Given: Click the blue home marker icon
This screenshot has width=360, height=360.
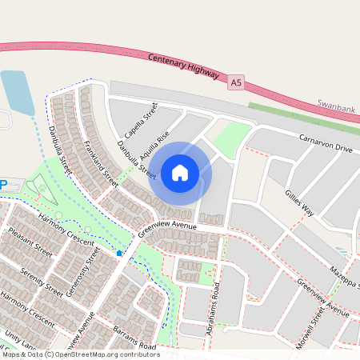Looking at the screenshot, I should (180, 172).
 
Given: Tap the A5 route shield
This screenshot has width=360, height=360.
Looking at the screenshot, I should (235, 82).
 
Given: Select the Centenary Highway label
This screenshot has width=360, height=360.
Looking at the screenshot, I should (184, 66).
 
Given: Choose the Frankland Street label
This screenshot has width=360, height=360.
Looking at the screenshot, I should (101, 165).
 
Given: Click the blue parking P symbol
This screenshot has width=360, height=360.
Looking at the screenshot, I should (3, 185).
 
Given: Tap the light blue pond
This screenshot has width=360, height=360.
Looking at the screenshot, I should (14, 92).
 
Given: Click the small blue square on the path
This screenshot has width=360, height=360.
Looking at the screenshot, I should (119, 253).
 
